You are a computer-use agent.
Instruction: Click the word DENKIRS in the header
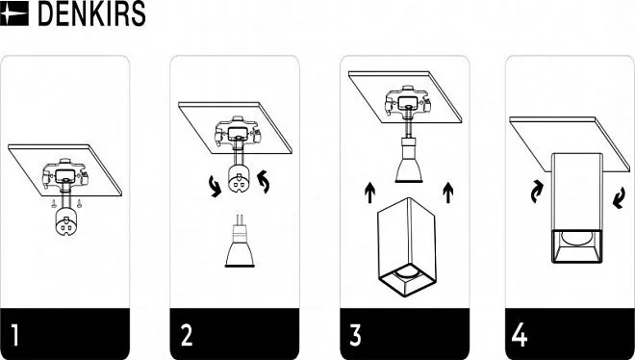tap(91, 13)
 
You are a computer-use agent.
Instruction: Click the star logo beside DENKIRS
tap(14, 13)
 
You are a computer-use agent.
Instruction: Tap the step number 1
tap(15, 334)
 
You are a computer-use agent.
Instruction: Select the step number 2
tap(187, 334)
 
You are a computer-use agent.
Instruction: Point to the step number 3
tap(355, 334)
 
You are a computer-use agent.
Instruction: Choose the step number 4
tap(520, 334)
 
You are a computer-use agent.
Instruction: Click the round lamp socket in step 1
tap(65, 222)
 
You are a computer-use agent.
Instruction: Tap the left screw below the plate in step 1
tap(54, 204)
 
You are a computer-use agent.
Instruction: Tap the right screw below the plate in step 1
tap(79, 203)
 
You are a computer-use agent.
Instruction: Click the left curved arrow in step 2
tap(215, 187)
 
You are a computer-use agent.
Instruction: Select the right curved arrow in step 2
tap(264, 182)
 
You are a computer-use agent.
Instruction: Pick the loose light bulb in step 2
tap(240, 242)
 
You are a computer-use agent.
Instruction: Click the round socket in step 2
tap(239, 179)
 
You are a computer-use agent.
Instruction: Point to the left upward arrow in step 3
tap(369, 193)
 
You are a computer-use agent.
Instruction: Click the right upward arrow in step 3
tap(448, 193)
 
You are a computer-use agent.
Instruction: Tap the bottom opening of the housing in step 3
tap(407, 279)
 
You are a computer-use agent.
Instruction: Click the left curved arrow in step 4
tap(537, 192)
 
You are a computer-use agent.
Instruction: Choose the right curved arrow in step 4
tap(619, 198)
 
